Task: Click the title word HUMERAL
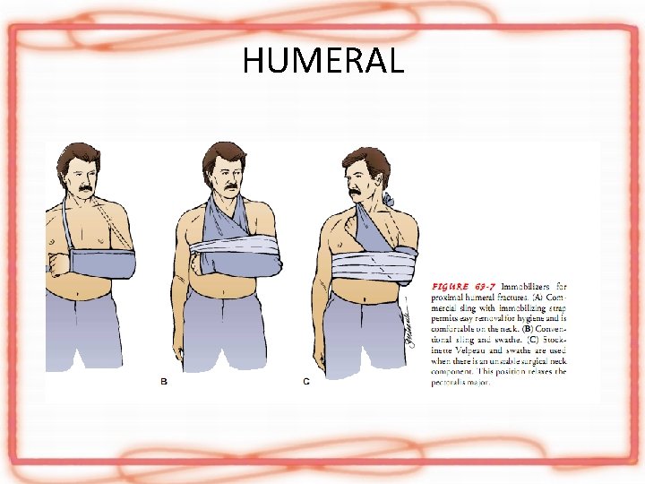(x=322, y=60)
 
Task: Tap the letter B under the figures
(x=163, y=382)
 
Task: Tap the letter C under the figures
(x=306, y=382)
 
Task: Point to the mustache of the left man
(x=82, y=189)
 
